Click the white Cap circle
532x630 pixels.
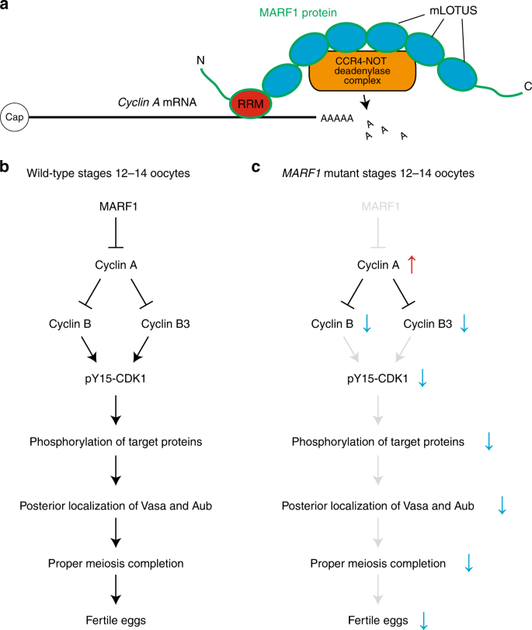(15, 117)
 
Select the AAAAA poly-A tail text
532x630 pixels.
(336, 118)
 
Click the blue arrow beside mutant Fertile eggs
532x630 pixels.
(424, 619)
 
